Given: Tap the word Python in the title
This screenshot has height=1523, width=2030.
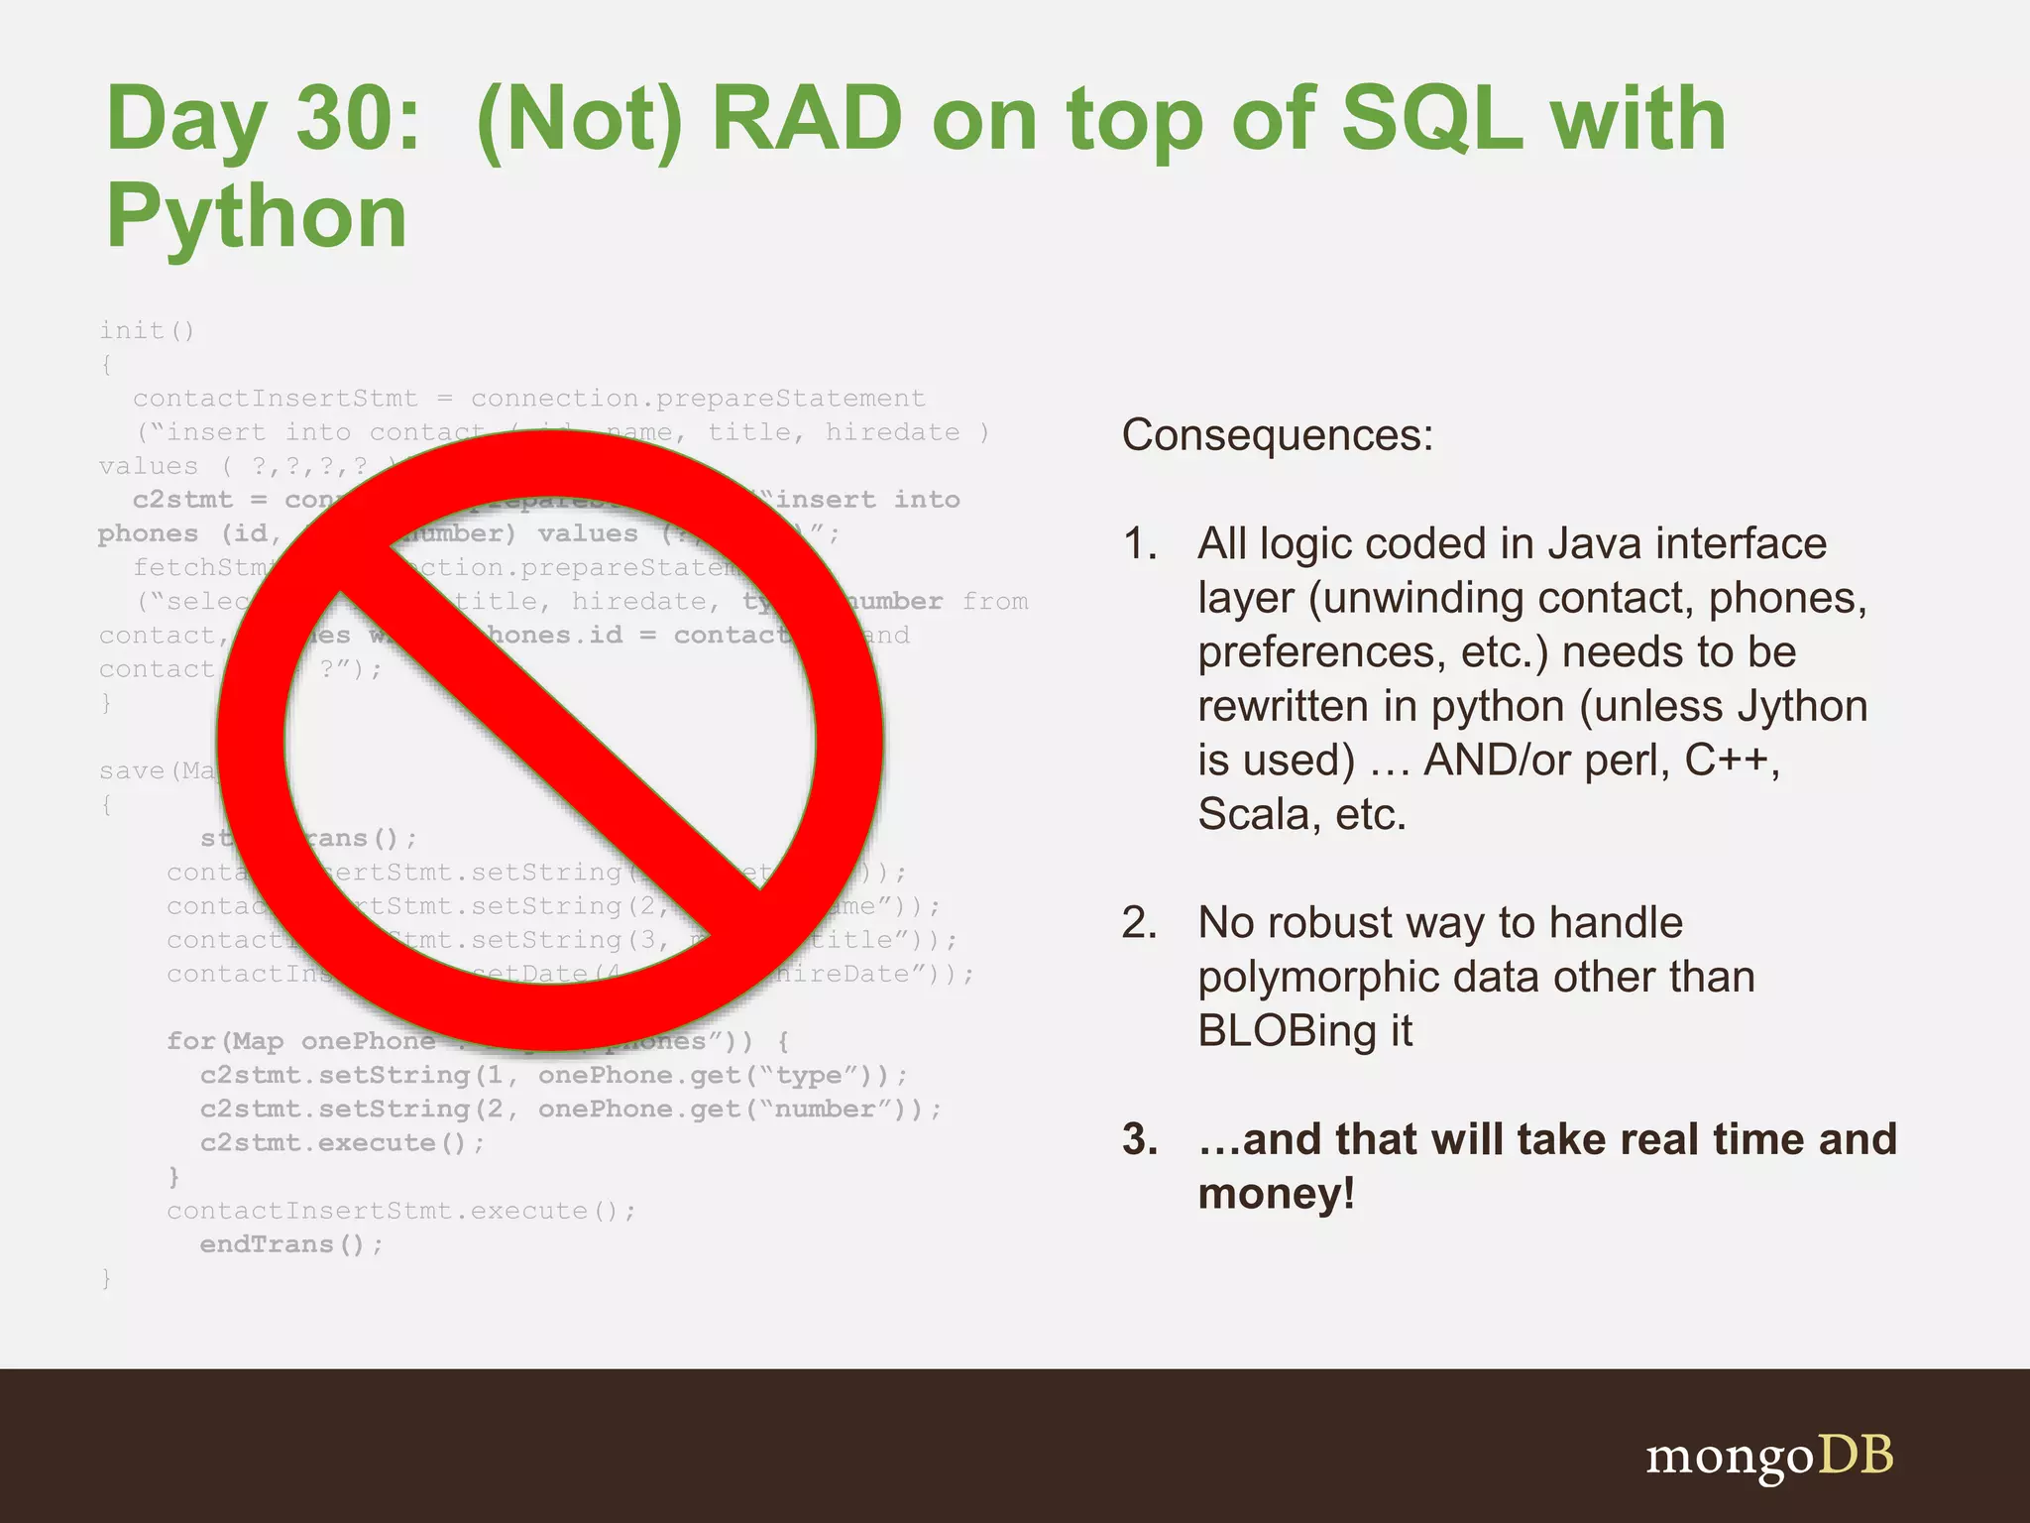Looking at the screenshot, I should click(x=257, y=218).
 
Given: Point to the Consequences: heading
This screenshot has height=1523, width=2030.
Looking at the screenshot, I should click(x=1277, y=435).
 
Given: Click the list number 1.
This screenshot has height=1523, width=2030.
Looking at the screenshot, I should click(x=1140, y=544).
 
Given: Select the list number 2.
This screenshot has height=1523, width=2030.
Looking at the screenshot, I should click(x=1140, y=923).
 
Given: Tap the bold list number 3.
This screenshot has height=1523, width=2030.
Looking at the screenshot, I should click(x=1140, y=1140).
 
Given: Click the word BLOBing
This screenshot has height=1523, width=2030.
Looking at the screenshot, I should click(x=1285, y=1031).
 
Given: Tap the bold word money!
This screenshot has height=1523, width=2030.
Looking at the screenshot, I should click(x=1276, y=1194).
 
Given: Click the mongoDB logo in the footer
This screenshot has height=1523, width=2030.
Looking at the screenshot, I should click(x=1768, y=1457).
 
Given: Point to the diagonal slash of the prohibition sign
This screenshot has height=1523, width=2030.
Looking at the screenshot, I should click(x=551, y=739).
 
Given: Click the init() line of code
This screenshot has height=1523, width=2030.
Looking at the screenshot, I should click(x=147, y=330).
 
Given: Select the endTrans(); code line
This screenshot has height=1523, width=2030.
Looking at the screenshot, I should click(x=290, y=1244).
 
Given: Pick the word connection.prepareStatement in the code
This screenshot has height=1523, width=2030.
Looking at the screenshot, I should click(x=697, y=399).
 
